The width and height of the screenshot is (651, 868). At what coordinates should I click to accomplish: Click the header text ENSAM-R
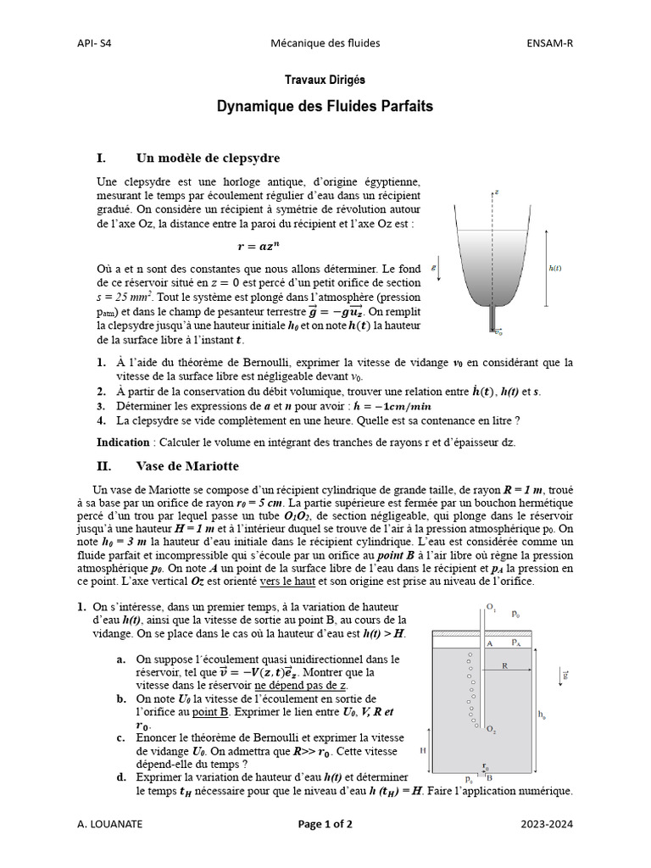coord(551,43)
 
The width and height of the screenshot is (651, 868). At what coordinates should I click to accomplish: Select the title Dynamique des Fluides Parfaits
coord(325,107)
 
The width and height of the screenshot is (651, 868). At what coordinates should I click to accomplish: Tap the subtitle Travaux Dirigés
coord(325,80)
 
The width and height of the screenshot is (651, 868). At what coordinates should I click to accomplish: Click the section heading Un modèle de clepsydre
coord(208,158)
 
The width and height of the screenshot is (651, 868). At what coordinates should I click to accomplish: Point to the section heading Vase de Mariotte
coord(187,466)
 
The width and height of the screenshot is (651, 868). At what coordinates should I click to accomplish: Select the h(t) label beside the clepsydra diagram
coord(555,268)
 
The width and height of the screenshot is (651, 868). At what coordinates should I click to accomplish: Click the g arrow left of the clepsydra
coord(435,267)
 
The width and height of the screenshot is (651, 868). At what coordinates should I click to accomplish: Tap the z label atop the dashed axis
coord(497,192)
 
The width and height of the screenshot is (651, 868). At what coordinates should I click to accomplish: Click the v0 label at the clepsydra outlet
coord(498,331)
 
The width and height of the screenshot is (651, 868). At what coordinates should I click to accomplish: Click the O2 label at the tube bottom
coord(492,730)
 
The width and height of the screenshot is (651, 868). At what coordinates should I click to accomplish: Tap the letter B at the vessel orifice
coord(490,777)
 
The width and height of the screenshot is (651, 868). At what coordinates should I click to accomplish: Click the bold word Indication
coord(122,442)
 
